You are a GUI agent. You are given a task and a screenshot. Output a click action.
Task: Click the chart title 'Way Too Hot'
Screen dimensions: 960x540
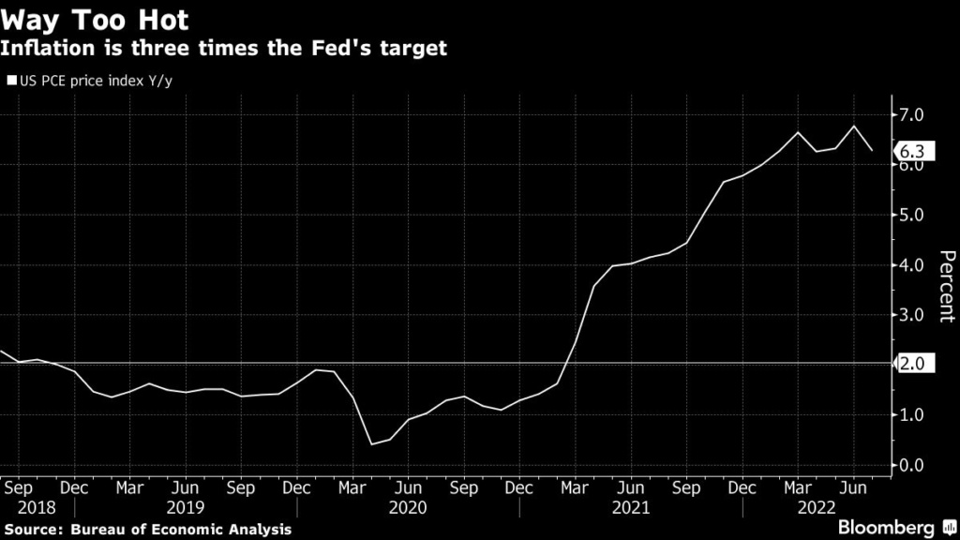[95, 20]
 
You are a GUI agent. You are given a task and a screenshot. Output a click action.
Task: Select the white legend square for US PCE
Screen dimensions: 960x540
[11, 81]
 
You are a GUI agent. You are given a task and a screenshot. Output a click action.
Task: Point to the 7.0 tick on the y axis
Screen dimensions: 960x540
[911, 114]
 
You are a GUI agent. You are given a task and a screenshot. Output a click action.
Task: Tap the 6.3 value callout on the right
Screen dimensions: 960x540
[913, 151]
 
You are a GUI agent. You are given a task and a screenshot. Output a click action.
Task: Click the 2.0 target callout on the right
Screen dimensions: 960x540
[913, 363]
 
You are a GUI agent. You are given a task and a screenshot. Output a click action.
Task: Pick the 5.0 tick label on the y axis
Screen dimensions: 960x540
[911, 215]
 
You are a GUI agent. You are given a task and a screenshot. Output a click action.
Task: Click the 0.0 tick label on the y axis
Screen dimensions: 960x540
[911, 465]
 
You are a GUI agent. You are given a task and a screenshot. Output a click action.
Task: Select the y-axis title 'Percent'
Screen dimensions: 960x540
[947, 286]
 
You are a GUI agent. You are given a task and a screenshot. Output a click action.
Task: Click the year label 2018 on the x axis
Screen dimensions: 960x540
[37, 507]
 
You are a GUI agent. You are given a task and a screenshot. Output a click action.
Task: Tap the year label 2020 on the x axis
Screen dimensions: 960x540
[408, 507]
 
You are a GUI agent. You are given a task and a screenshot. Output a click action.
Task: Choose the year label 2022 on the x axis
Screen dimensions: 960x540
[817, 507]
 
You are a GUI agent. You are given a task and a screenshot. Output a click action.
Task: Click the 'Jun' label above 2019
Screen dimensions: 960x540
[185, 487]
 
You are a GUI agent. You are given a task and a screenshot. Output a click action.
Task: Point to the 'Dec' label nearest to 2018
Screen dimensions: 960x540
[74, 487]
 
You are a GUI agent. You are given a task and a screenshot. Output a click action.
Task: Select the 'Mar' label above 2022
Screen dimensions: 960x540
[798, 487]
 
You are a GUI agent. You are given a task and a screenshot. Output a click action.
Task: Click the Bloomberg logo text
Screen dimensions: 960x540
[886, 527]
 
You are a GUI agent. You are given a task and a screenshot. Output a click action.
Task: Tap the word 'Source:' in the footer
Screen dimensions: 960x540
[35, 529]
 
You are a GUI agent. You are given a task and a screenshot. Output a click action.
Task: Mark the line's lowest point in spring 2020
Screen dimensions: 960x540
[371, 444]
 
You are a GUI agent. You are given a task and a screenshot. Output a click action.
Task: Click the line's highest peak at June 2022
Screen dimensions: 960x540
[854, 127]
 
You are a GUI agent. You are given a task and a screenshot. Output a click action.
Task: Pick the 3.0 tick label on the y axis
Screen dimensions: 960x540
[911, 315]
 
